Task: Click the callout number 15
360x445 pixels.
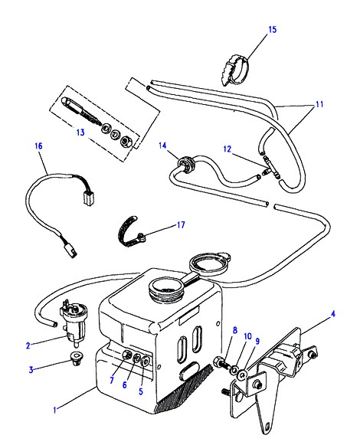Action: [272, 30]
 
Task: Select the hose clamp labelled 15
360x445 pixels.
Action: [234, 69]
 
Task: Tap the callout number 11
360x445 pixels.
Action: [319, 104]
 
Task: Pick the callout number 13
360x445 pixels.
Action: [80, 133]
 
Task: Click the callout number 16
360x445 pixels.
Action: [38, 146]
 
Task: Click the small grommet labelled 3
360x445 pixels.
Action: [76, 358]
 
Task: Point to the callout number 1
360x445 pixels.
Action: [55, 410]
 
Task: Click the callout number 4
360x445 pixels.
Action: [332, 314]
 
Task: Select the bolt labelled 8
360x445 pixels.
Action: [221, 363]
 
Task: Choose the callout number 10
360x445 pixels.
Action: [248, 336]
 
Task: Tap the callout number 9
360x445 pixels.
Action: [257, 341]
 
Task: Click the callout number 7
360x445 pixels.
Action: [112, 381]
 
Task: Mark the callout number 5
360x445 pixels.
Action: [141, 391]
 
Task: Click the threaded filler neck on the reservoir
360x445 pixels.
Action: [165, 290]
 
